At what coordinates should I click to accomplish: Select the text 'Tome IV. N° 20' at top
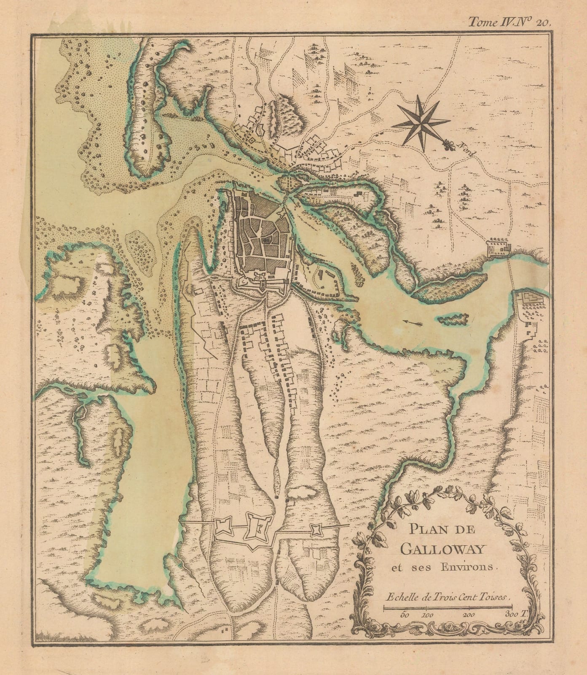tap(509, 23)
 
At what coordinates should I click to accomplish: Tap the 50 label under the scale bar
tap(406, 615)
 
